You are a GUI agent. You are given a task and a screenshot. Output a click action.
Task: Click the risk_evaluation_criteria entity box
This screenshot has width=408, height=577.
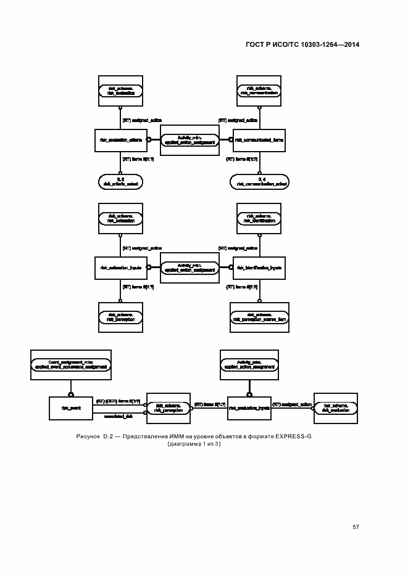coord(121,140)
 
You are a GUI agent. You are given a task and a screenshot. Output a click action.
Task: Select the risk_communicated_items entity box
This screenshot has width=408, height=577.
coord(260,140)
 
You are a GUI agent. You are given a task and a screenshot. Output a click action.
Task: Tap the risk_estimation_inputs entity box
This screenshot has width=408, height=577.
coord(121,268)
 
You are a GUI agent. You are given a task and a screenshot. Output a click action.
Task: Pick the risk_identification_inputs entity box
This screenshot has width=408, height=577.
coord(260,268)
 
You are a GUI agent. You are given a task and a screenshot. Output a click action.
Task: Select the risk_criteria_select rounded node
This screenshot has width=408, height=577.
coord(121,181)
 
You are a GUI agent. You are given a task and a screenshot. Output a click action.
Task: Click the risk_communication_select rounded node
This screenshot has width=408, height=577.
coord(260,181)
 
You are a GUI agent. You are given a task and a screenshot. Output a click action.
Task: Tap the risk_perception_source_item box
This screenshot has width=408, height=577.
coord(260,317)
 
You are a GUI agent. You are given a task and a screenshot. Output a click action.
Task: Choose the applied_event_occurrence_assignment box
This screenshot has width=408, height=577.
coord(71,366)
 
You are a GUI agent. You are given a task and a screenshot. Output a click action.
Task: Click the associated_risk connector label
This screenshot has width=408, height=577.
coord(119,417)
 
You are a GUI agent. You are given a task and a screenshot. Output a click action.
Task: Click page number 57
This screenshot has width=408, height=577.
coord(356,526)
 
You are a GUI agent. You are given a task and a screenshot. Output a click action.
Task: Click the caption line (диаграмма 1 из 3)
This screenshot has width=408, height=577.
coord(194,444)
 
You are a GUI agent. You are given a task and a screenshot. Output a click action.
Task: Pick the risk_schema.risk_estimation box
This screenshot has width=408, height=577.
coord(121,218)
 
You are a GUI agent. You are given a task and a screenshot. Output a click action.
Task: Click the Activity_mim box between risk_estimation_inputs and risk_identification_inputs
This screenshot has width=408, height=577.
coord(189,268)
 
